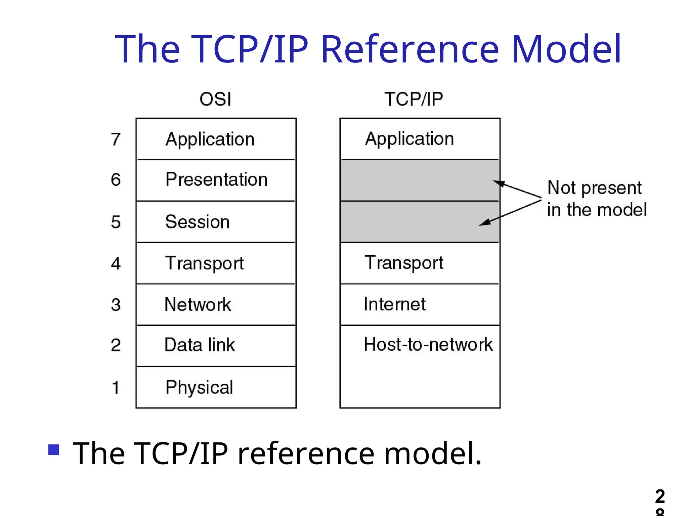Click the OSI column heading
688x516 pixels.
pos(215,99)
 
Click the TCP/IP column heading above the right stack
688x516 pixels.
pos(414,99)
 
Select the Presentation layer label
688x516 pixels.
pos(216,179)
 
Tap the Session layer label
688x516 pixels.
pos(197,222)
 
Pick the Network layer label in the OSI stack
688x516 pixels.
pos(198,305)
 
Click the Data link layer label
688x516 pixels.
pos(200,345)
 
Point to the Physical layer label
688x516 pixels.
pos(199,387)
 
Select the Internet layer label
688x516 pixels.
pos(394,304)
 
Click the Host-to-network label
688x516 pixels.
pos(428,344)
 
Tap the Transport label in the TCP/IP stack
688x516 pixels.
pos(404,263)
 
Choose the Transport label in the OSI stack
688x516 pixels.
pos(204,263)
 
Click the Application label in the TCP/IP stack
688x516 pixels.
pos(410,139)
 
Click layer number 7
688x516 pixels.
pos(116,139)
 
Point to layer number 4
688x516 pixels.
pos(116,263)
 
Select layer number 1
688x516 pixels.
pos(116,387)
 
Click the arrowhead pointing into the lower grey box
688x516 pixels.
pos(484,223)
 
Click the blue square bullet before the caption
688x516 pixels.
pos(54,449)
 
